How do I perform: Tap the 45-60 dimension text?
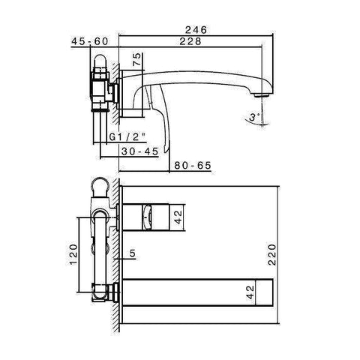91,43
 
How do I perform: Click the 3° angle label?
255,117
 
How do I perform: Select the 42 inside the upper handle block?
178,217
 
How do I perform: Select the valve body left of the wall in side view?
100,86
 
